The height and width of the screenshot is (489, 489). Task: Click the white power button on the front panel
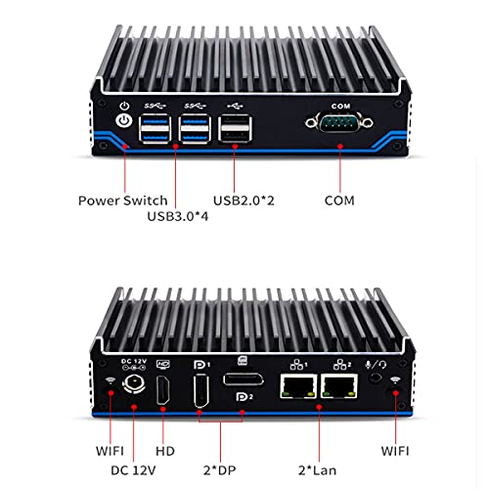point(124,121)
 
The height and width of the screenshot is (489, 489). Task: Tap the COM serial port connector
point(339,123)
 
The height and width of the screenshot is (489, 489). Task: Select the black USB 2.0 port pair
point(236,129)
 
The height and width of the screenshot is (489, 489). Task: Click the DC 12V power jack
point(133,384)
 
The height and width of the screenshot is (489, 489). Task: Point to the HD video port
point(163,390)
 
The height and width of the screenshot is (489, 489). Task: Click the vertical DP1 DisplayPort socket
point(201,391)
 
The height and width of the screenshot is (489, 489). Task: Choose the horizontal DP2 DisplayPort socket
point(244,379)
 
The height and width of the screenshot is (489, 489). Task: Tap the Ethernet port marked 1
point(298,386)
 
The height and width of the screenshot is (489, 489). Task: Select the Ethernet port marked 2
point(339,386)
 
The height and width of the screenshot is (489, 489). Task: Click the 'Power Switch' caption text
point(123,200)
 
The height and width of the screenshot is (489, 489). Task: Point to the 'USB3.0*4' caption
point(178,216)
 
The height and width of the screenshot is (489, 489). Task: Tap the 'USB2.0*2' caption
point(244,200)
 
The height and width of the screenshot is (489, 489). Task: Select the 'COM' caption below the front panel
point(339,200)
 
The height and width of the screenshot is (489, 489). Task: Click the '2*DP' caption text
point(219,470)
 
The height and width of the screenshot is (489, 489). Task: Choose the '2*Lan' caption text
point(317,470)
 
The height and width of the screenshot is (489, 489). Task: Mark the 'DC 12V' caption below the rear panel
point(133,470)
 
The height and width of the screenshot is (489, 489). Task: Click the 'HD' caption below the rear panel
point(165,451)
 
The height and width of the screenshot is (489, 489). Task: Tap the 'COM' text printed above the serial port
point(340,107)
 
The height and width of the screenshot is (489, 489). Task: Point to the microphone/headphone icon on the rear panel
point(376,365)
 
